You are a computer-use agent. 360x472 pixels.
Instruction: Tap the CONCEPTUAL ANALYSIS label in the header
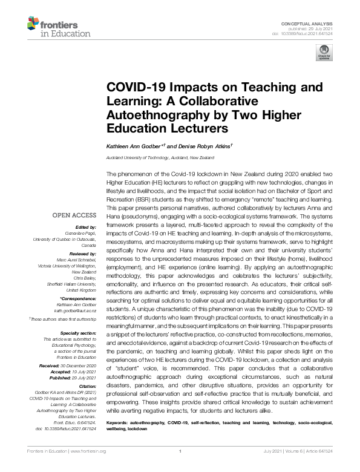pyautogui.click(x=315, y=22)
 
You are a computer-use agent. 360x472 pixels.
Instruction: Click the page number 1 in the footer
pyautogui.click(x=180, y=467)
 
